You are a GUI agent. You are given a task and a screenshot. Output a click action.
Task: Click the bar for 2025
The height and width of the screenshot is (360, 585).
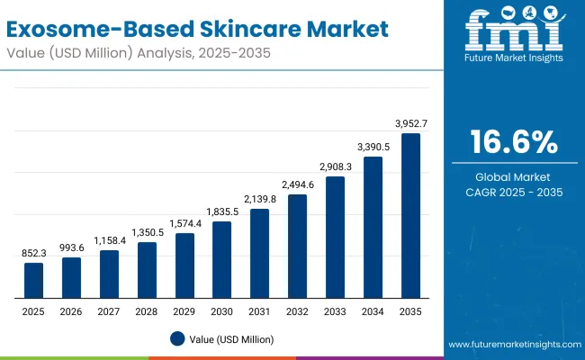33,280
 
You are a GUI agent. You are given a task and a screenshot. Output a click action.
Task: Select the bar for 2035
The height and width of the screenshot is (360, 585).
410,215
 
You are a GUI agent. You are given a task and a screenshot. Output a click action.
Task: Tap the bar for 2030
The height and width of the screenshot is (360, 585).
221,259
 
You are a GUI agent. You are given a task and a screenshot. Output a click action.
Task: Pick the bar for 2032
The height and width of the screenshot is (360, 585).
297,246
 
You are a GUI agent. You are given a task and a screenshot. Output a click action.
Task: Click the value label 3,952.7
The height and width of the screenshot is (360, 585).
410,122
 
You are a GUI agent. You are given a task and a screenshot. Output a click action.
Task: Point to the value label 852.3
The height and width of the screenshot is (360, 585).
33,253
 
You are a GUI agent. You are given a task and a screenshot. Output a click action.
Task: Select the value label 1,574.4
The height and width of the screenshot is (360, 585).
184,223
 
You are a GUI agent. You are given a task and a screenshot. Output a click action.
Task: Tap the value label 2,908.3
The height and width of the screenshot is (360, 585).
335,166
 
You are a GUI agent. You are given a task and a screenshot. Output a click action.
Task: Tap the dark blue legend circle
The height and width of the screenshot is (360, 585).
177,339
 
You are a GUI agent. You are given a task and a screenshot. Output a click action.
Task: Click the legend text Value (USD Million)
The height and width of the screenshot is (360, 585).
231,339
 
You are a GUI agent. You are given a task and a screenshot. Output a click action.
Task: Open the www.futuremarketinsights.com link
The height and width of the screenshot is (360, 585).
512,345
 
